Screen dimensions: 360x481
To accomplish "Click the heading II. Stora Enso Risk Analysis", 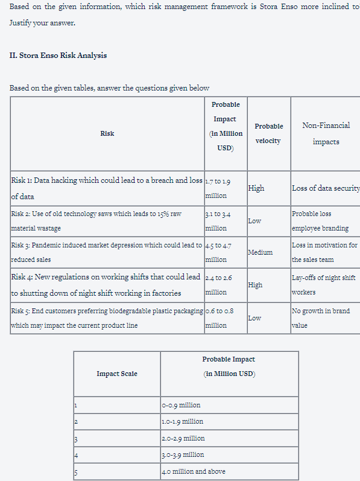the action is coord(58,56).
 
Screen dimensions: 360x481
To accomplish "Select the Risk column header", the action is coord(107,133).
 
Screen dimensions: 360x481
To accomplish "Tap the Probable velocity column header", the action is coord(268,133).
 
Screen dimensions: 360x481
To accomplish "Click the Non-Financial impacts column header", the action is coord(326,133).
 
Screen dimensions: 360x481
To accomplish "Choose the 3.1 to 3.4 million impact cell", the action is coord(217,220).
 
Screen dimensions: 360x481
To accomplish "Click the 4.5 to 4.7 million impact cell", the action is coord(217,252).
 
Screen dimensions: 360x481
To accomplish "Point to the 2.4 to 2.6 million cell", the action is coord(216,284).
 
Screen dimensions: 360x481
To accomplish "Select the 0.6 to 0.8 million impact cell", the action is coord(216,317).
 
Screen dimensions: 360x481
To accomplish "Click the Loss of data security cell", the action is coord(325,188).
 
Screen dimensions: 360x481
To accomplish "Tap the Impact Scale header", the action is coord(117,374).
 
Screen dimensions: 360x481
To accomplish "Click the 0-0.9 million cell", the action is coord(182,405).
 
